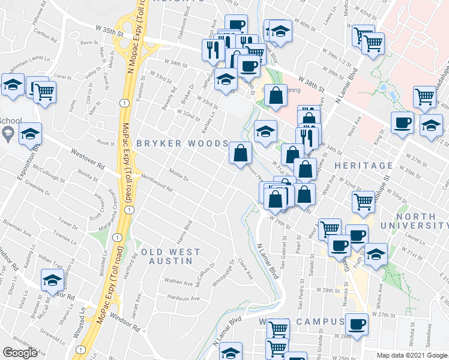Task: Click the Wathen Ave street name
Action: pos(178,281)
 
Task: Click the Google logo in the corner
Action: pos(20,353)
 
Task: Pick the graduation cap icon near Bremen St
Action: pos(52,280)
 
